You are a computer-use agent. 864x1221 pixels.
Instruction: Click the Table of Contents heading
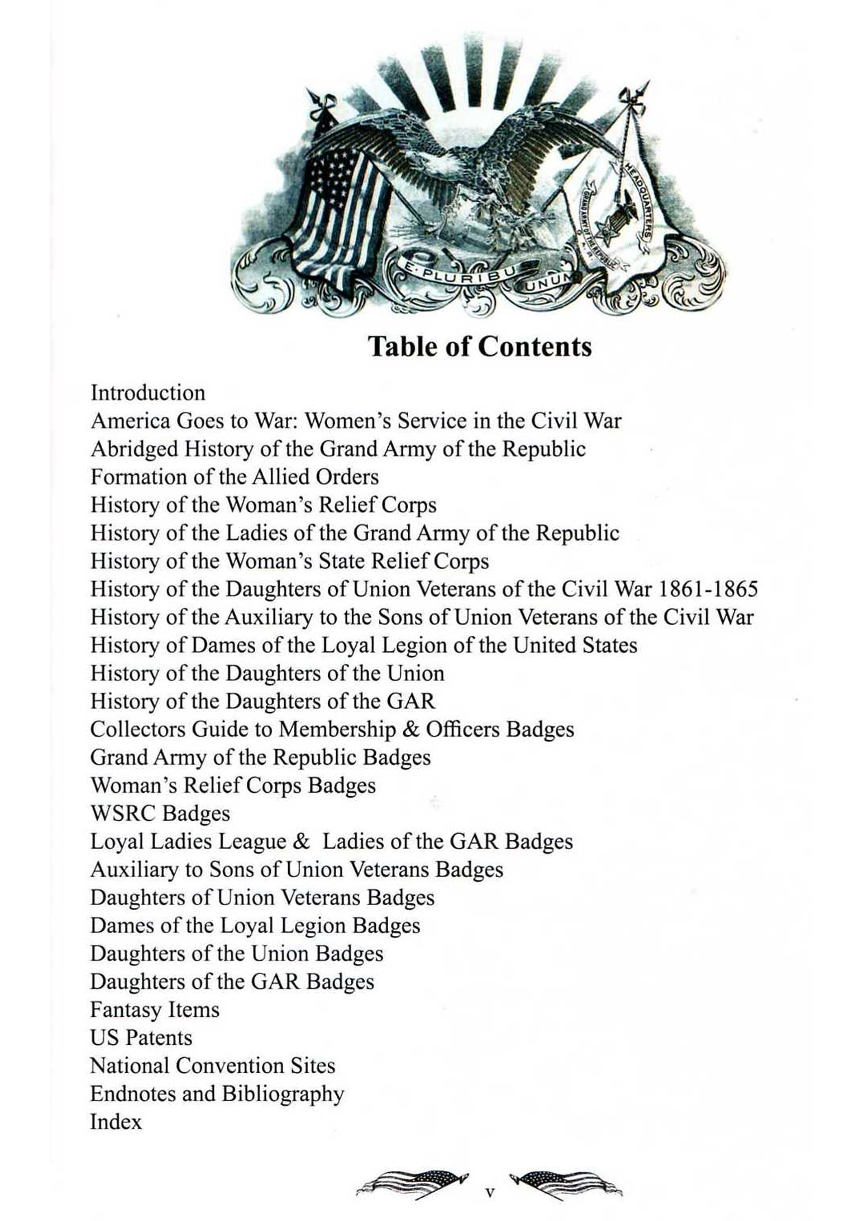(x=479, y=347)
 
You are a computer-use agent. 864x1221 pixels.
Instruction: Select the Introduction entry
(x=148, y=393)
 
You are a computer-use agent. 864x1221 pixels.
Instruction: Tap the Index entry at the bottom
(x=116, y=1122)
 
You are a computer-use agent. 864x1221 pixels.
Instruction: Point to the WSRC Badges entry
(x=160, y=813)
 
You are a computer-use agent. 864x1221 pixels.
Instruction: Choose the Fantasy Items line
(x=155, y=1009)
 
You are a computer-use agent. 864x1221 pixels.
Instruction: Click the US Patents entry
(x=141, y=1037)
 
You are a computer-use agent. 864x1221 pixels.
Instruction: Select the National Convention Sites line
(x=213, y=1065)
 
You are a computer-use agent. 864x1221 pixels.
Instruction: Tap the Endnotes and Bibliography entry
(x=217, y=1094)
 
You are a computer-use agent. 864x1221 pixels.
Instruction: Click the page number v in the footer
(x=490, y=1193)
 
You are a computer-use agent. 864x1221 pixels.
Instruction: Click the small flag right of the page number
(x=568, y=1184)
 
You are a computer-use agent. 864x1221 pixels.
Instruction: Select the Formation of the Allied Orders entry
(x=235, y=477)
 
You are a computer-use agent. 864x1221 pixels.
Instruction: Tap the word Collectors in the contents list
(x=137, y=729)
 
